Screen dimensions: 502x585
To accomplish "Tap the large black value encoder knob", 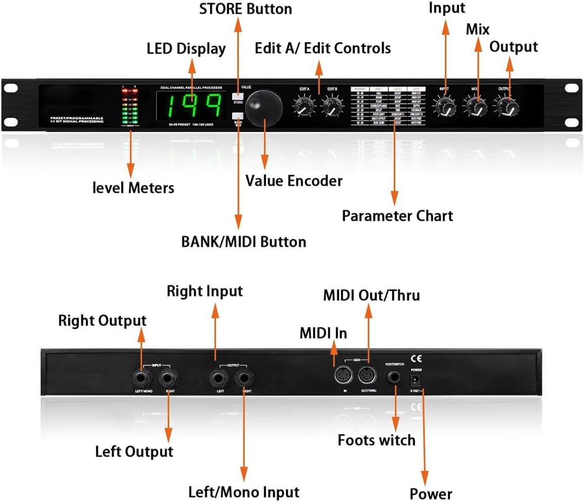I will point(263,109).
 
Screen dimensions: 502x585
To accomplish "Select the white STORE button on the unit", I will point(238,98).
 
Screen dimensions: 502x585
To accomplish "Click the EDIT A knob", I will point(304,106).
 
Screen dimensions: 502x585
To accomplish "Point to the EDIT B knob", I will point(332,106).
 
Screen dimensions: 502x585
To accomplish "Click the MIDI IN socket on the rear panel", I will point(343,375).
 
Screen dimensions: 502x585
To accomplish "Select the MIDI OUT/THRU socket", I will point(368,375).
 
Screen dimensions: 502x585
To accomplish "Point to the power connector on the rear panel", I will point(417,378).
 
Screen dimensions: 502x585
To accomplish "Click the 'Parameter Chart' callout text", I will point(397,216).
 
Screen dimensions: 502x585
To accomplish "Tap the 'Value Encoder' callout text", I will point(294,180).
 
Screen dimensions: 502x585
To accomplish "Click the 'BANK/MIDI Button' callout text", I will point(243,242).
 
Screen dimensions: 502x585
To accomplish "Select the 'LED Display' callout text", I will point(186,48).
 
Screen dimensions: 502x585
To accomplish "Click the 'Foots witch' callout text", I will point(376,440).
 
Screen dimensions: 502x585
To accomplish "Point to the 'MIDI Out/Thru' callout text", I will point(371,295).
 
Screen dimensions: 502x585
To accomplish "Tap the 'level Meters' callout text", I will point(134,188).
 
